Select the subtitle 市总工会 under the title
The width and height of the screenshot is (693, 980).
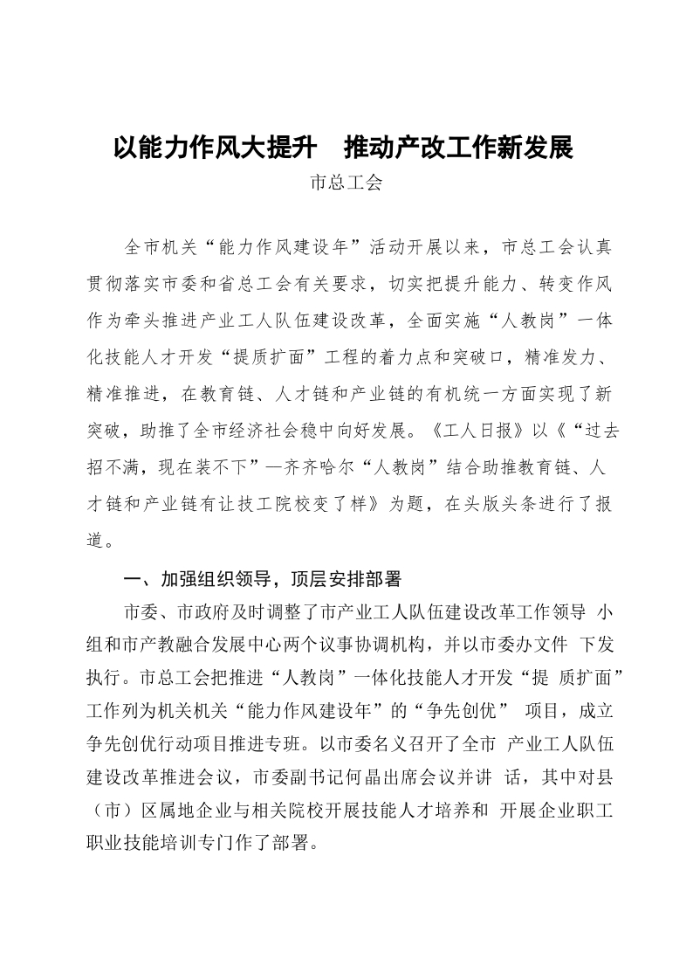click(x=346, y=184)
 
